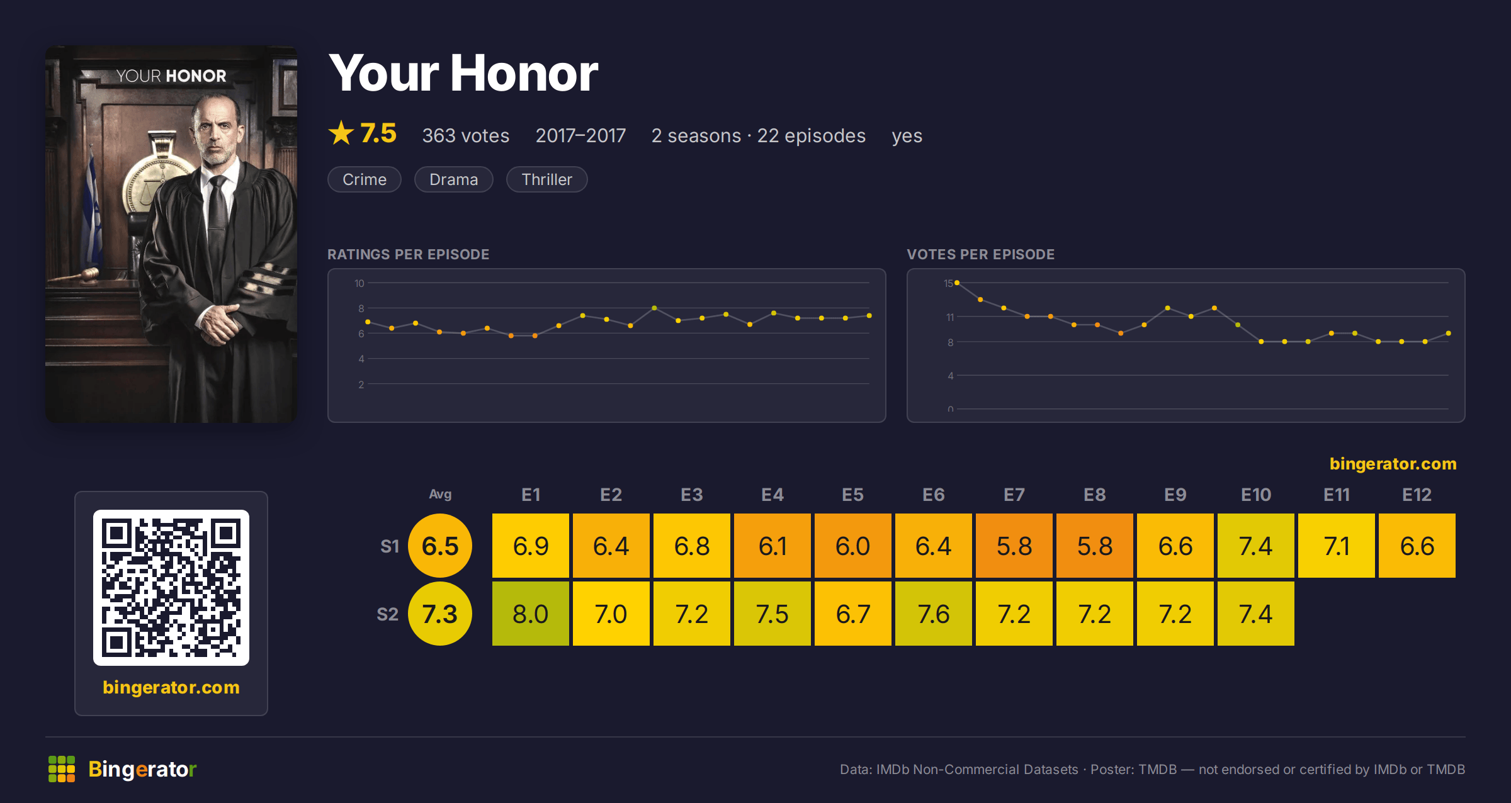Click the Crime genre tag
coord(365,179)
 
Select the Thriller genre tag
coord(546,179)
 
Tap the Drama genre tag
coord(453,179)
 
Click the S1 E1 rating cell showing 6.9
coord(531,546)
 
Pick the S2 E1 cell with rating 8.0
coord(531,614)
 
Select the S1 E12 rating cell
coord(1417,546)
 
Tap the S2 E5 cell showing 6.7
coord(853,614)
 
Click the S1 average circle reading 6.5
coord(440,546)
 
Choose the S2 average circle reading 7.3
coord(440,614)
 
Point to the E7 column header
coord(1014,495)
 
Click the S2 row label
coord(388,614)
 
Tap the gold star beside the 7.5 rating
coord(341,133)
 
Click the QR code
coord(171,588)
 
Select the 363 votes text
coord(466,135)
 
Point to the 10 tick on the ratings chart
coord(359,283)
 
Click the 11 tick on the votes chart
coord(950,317)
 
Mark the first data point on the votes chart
coord(957,283)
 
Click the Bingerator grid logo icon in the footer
coord(62,769)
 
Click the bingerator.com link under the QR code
coord(171,687)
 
